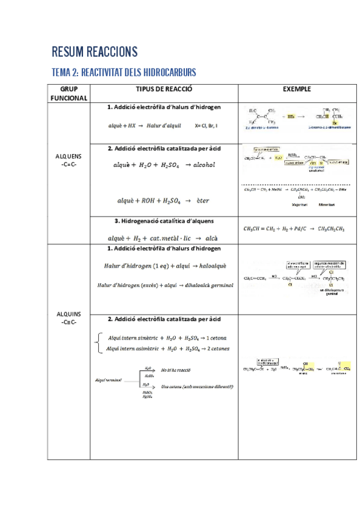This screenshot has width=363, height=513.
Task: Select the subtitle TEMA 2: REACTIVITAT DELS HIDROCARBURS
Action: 124,73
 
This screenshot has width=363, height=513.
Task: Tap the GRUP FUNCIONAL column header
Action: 68,93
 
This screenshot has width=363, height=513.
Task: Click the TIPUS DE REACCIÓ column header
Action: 164,89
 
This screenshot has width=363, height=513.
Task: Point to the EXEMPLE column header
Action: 297,89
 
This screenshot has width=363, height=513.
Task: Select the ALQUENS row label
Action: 68,159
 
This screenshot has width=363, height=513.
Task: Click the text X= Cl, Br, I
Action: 207,126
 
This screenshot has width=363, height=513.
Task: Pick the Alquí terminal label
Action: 109,380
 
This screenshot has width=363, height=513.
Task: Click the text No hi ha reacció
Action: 176,369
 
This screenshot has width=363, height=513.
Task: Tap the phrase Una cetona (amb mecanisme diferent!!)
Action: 198,387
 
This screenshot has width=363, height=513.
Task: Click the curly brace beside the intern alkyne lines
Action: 98,343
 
